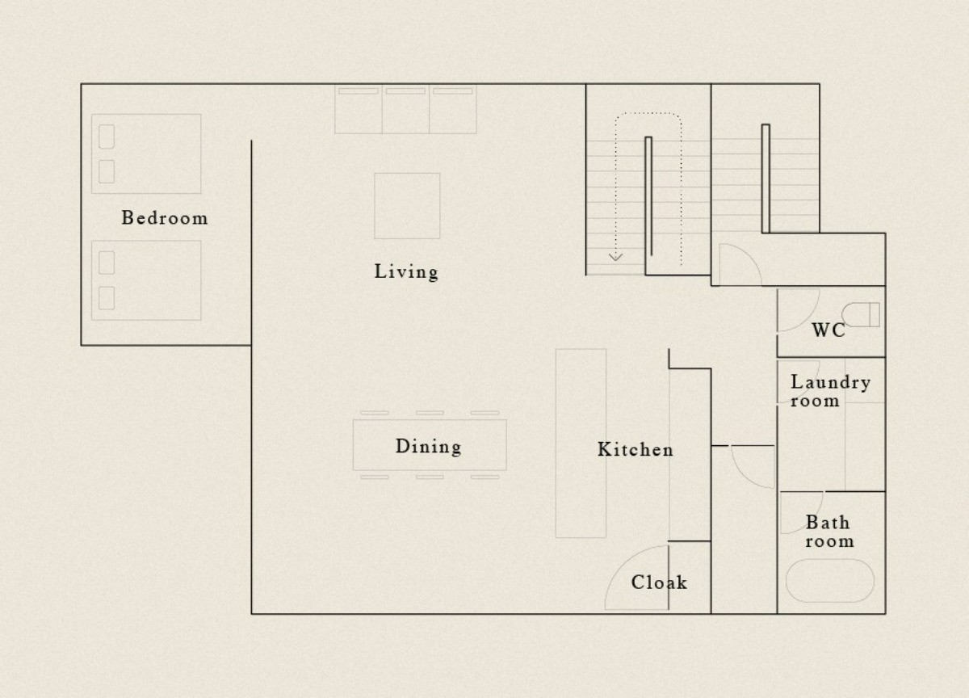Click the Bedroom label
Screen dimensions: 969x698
pos(165,217)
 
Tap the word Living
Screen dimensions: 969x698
pos(406,271)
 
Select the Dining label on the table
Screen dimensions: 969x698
pos(428,447)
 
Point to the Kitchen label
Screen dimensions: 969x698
pos(635,450)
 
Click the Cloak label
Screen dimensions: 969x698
pos(659,582)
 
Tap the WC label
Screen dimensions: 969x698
pos(828,330)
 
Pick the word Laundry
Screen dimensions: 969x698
pos(831,383)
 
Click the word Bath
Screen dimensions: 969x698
pos(828,523)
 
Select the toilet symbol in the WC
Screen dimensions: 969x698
pos(861,314)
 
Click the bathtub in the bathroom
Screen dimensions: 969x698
pos(830,581)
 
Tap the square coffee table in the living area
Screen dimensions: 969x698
pos(407,206)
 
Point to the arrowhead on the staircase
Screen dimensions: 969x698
pos(615,257)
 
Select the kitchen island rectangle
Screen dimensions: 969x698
pos(581,444)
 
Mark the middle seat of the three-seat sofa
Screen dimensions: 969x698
pos(405,109)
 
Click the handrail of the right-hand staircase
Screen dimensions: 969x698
pos(766,179)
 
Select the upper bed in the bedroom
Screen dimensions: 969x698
pos(146,153)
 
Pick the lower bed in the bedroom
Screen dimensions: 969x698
pos(146,280)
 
